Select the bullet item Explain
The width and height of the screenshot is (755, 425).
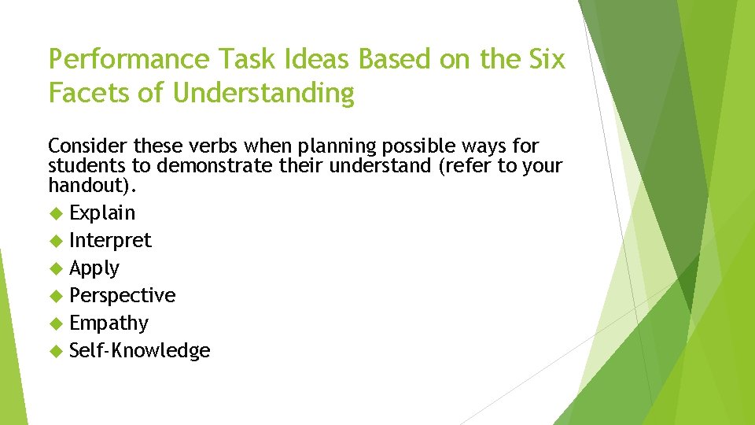tap(102, 213)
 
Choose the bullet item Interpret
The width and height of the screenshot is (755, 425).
tap(110, 241)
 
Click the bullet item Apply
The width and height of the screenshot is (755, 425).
tap(94, 268)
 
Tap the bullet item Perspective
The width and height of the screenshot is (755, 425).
tap(123, 296)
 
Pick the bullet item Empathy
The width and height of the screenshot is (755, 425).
tap(109, 323)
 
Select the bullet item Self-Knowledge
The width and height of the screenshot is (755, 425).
tap(140, 351)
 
